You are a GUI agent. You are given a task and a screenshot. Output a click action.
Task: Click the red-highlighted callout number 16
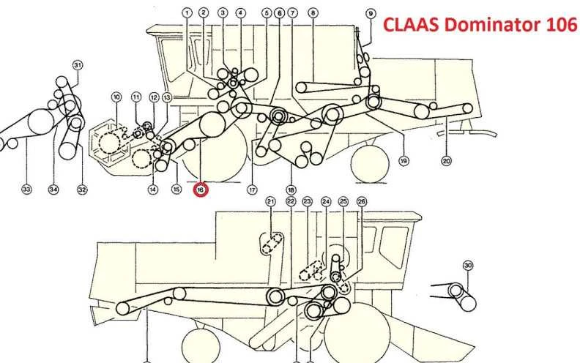click(x=200, y=190)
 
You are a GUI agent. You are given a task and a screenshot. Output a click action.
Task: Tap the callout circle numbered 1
click(x=187, y=13)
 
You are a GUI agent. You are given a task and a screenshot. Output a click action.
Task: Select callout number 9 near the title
click(x=371, y=14)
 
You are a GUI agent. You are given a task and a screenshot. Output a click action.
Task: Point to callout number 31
click(x=78, y=65)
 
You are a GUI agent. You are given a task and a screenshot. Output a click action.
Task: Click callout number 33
click(x=26, y=190)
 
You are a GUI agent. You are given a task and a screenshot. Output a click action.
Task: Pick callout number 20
click(x=447, y=161)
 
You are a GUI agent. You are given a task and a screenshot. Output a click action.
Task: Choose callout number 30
click(x=468, y=266)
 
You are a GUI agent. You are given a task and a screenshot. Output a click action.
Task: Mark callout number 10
click(x=116, y=97)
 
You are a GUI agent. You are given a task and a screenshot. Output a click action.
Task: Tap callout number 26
click(x=361, y=201)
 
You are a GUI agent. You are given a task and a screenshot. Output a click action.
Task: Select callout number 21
click(x=271, y=201)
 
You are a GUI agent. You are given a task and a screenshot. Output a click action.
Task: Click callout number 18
click(x=291, y=190)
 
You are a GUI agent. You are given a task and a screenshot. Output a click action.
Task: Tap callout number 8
click(x=313, y=13)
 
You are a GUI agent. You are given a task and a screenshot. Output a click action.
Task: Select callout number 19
click(x=404, y=161)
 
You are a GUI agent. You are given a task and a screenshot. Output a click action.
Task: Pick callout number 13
click(x=167, y=97)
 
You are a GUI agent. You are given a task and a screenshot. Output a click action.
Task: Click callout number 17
click(x=252, y=190)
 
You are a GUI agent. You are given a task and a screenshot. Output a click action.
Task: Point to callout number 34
click(x=53, y=190)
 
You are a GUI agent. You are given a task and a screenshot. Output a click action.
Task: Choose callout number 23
click(x=307, y=201)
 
